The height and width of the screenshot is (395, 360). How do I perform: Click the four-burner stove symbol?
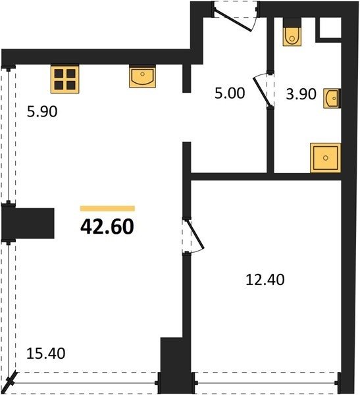coord(64,79)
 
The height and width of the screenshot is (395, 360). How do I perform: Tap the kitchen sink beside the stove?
coord(142,76)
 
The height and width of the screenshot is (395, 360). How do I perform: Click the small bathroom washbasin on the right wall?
coord(332,98)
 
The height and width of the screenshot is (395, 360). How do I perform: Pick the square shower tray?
coord(326,158)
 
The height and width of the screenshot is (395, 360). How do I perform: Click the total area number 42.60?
coord(107,226)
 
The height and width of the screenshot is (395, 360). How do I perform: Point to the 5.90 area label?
coord(42,112)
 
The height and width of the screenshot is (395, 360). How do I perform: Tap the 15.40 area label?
coord(45,353)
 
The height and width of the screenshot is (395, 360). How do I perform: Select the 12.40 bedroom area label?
coord(265,280)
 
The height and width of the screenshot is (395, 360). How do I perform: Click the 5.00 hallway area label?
coord(230,93)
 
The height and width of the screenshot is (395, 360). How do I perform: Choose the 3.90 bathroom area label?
coord(301,94)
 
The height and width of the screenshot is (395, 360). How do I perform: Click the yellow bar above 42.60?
coord(107,208)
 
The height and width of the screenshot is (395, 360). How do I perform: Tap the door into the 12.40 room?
coord(195,234)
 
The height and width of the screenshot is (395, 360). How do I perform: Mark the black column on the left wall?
coord(28,223)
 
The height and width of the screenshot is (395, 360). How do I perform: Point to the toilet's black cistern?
coord(292,22)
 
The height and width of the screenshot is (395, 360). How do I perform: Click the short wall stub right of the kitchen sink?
coord(186,78)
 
